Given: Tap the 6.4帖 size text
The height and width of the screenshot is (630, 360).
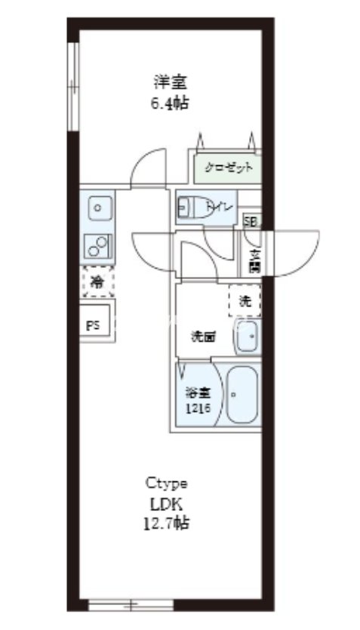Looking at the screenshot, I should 170,103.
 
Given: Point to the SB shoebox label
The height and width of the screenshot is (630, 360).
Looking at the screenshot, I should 250,222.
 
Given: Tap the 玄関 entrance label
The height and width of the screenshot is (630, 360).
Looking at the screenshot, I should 254,260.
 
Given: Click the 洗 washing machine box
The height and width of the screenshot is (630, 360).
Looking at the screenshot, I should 245,300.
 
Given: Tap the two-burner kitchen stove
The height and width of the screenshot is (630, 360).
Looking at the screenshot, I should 98,244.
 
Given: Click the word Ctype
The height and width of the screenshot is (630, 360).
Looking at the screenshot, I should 166,483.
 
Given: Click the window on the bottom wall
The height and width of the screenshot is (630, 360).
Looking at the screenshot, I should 132,604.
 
